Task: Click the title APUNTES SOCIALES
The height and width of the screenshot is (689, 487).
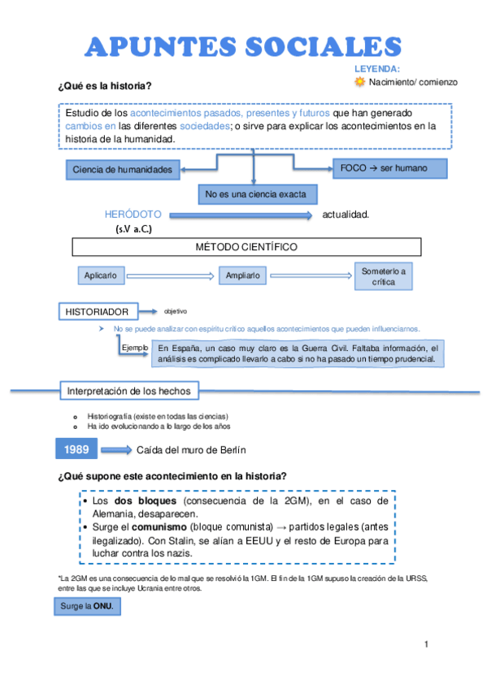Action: coord(244,46)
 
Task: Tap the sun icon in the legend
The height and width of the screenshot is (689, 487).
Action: coord(360,82)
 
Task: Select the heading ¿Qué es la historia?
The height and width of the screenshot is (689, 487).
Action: coord(105,86)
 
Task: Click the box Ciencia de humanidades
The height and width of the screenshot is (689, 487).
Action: coord(122,169)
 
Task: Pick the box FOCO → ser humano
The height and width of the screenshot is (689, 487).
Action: coord(389,167)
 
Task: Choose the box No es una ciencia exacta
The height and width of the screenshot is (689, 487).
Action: coord(258,195)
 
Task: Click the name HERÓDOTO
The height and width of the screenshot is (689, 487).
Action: coord(133,214)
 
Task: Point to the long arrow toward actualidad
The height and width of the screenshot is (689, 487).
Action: coord(239,215)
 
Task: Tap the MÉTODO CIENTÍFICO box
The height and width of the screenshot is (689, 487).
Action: coord(247,246)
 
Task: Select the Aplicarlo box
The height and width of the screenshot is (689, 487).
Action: coord(101,275)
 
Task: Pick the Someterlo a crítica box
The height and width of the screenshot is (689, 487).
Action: coord(385,275)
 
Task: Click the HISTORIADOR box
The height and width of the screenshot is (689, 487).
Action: coord(97,311)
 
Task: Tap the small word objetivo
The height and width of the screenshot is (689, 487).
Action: coord(175,311)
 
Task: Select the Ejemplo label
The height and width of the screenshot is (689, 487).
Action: coord(135,348)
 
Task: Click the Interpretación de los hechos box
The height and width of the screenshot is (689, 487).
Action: coord(128,391)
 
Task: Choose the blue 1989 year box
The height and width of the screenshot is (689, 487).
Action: coord(77,448)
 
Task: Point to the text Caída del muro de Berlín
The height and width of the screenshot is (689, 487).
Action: coord(191,449)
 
